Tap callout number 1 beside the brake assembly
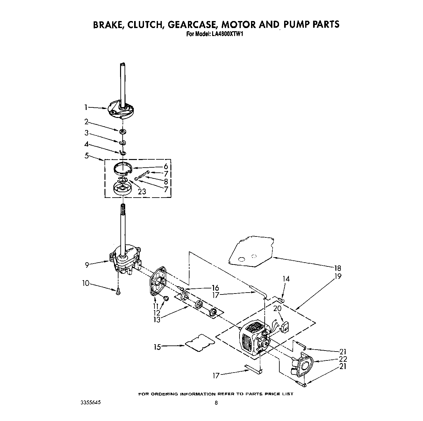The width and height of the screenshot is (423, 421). click(x=86, y=107)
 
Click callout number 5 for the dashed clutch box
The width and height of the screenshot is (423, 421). click(x=87, y=156)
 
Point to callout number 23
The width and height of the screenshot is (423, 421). click(x=142, y=191)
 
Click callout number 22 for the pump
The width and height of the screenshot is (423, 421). click(x=343, y=359)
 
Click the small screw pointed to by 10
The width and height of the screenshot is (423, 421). click(x=118, y=291)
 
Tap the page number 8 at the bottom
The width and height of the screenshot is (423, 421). click(x=216, y=403)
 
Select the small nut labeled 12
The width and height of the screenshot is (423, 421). click(x=166, y=298)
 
